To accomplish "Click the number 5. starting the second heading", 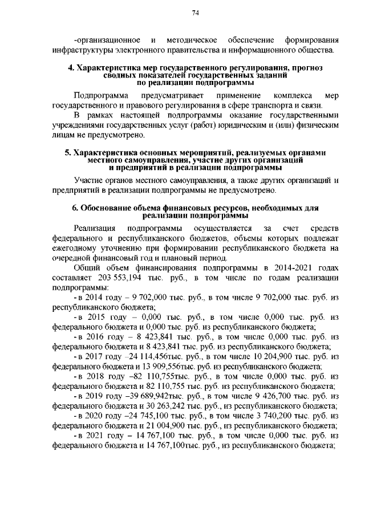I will (67, 153).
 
